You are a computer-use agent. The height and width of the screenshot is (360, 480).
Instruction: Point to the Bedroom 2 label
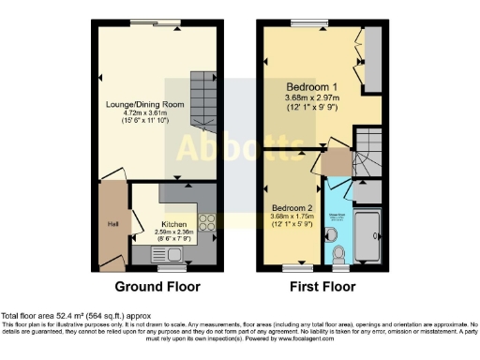pyautogui.click(x=291, y=207)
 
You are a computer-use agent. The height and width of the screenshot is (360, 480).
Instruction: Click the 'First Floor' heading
pyautogui.click(x=322, y=285)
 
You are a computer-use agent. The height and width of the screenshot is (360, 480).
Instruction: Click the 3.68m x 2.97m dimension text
pyautogui.click(x=311, y=97)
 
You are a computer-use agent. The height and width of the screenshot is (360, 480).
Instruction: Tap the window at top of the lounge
pyautogui.click(x=156, y=22)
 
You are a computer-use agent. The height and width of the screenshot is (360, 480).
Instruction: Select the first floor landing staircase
pyautogui.click(x=367, y=155)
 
